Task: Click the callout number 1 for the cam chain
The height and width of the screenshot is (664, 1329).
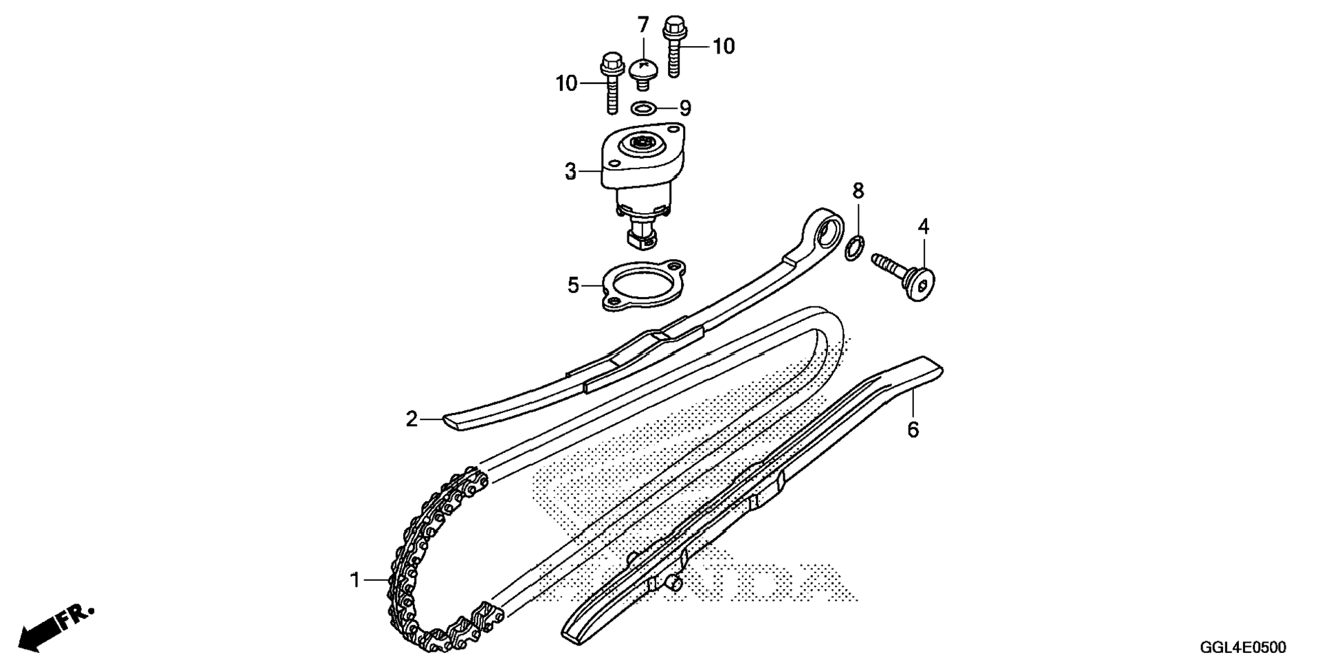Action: [x=355, y=581]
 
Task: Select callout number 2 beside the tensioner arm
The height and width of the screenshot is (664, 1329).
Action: [x=412, y=419]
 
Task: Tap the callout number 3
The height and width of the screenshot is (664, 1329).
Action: [x=570, y=171]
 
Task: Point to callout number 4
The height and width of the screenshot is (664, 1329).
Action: [x=924, y=226]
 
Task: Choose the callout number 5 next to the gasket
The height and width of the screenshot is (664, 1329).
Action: [x=574, y=285]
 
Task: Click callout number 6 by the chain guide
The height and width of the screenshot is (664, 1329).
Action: [x=913, y=430]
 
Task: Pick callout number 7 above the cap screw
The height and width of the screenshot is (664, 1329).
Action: [x=643, y=26]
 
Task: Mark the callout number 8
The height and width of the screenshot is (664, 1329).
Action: [x=858, y=190]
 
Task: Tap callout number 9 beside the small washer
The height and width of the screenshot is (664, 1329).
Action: [x=684, y=108]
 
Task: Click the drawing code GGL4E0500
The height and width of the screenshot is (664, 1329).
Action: [x=1242, y=648]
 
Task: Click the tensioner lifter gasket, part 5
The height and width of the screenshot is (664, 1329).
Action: [x=644, y=284]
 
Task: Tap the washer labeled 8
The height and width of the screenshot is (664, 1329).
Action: [x=853, y=249]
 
